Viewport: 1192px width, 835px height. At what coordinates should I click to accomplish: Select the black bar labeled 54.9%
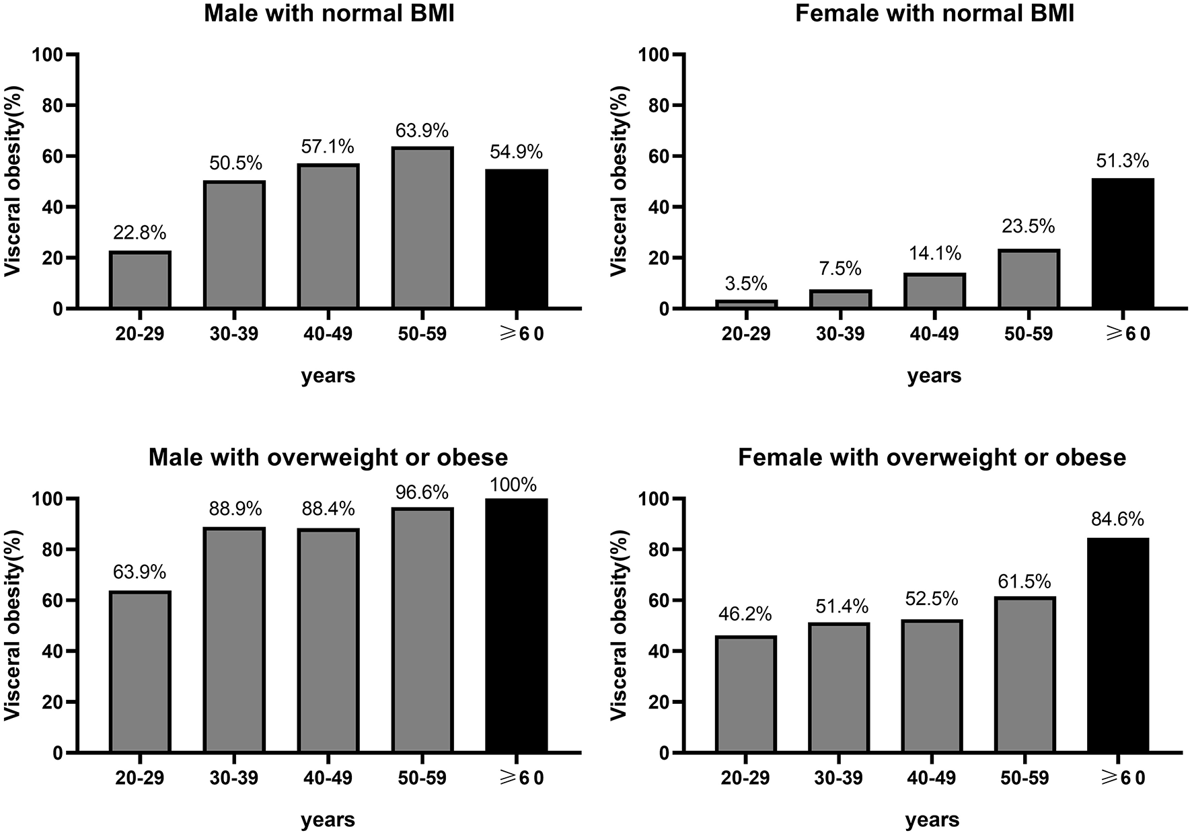coord(517,239)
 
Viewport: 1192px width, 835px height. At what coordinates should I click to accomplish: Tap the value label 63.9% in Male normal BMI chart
coord(422,130)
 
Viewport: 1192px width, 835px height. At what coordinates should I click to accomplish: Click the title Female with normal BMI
coord(934,14)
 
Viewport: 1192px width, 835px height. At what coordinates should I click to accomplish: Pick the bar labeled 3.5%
coord(746,305)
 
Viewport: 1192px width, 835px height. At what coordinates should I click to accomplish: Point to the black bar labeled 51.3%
coord(1123,243)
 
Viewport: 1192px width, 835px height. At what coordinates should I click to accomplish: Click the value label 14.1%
coord(934,253)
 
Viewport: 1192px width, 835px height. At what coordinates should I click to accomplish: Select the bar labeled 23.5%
coord(1029,279)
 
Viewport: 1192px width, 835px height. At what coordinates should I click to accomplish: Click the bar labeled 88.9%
coord(234,640)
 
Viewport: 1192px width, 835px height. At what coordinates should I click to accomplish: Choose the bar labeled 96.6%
coord(422,630)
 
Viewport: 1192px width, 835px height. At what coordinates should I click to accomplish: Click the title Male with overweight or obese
coord(328,458)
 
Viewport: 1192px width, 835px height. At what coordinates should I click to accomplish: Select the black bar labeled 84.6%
coord(1117,645)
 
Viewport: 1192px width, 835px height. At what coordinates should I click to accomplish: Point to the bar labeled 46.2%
coord(745,694)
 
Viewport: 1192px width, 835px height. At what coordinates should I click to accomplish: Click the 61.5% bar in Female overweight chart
coord(1025,674)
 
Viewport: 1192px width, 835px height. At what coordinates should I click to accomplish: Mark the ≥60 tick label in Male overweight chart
coord(517,779)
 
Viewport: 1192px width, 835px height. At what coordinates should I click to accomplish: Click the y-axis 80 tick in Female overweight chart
coord(660,550)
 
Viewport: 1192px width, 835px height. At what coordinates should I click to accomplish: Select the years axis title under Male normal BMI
coord(328,376)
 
